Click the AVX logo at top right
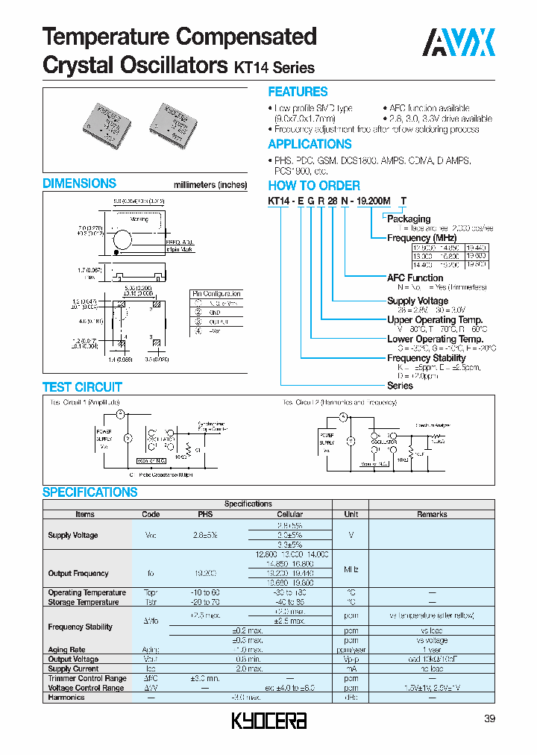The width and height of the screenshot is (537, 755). (458, 43)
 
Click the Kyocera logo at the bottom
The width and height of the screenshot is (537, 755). (268, 721)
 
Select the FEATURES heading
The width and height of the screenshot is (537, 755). (298, 92)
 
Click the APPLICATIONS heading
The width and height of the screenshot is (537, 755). (310, 144)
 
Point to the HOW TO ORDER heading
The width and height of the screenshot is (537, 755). (314, 186)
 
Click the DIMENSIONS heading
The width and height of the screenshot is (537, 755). (79, 184)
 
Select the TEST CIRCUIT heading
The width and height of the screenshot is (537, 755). (82, 387)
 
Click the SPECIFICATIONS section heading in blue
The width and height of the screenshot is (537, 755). (89, 492)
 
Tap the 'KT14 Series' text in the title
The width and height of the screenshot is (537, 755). (274, 68)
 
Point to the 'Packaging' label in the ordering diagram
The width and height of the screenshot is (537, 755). (409, 219)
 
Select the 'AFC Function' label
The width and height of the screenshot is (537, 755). (415, 278)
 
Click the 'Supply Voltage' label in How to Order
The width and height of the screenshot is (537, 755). (418, 301)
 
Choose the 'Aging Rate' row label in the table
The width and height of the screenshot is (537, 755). (67, 650)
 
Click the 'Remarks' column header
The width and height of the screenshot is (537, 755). (432, 514)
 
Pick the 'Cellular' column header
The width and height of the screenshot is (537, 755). (290, 514)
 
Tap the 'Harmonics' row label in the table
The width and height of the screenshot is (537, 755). (66, 698)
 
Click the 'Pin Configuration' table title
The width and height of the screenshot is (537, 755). (217, 294)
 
